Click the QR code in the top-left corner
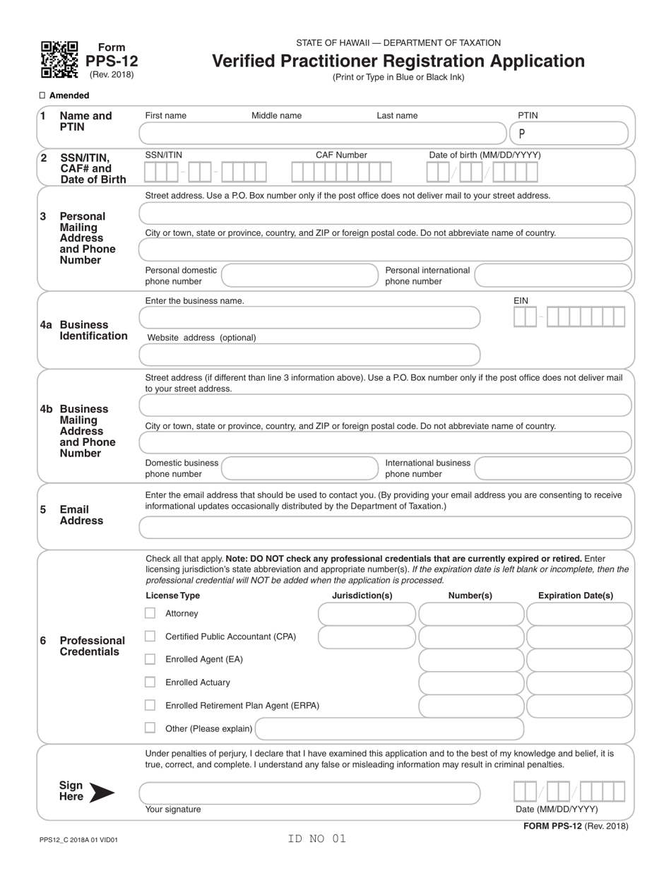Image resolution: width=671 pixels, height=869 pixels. [59, 59]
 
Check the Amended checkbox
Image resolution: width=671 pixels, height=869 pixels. [42, 95]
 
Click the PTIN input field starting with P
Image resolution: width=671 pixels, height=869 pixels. [569, 134]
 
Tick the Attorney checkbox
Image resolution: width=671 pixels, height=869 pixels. [150, 613]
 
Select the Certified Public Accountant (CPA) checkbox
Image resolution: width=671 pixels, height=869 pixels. [150, 637]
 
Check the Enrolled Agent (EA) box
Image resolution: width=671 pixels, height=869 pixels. [150, 659]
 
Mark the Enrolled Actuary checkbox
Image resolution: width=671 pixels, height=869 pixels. [150, 682]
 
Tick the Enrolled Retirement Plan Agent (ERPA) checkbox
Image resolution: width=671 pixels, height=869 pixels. [150, 705]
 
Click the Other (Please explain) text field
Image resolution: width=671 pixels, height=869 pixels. [389, 728]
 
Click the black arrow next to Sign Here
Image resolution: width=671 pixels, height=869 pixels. [101, 793]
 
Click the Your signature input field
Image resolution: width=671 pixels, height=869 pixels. [309, 793]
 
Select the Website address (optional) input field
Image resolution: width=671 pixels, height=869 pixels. [309, 355]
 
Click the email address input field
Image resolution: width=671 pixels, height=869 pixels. [385, 528]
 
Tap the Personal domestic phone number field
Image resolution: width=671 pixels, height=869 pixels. [300, 276]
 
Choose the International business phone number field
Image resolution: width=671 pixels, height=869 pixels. [553, 468]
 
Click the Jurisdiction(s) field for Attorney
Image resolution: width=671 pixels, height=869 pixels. [367, 614]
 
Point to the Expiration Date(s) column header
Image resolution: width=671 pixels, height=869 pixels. [576, 596]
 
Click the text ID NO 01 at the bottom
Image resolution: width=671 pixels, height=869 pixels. [317, 839]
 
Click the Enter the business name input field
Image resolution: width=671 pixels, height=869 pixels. [309, 318]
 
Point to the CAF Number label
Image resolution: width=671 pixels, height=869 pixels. [341, 155]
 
